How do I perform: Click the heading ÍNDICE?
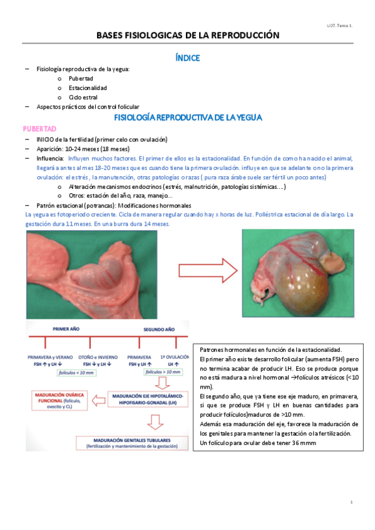tap(188, 57)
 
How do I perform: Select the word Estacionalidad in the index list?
tap(88, 88)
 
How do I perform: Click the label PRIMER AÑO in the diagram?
tap(69, 329)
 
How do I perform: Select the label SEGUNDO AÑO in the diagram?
tap(160, 329)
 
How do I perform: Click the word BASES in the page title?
tap(112, 36)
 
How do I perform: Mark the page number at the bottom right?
tap(352, 502)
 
